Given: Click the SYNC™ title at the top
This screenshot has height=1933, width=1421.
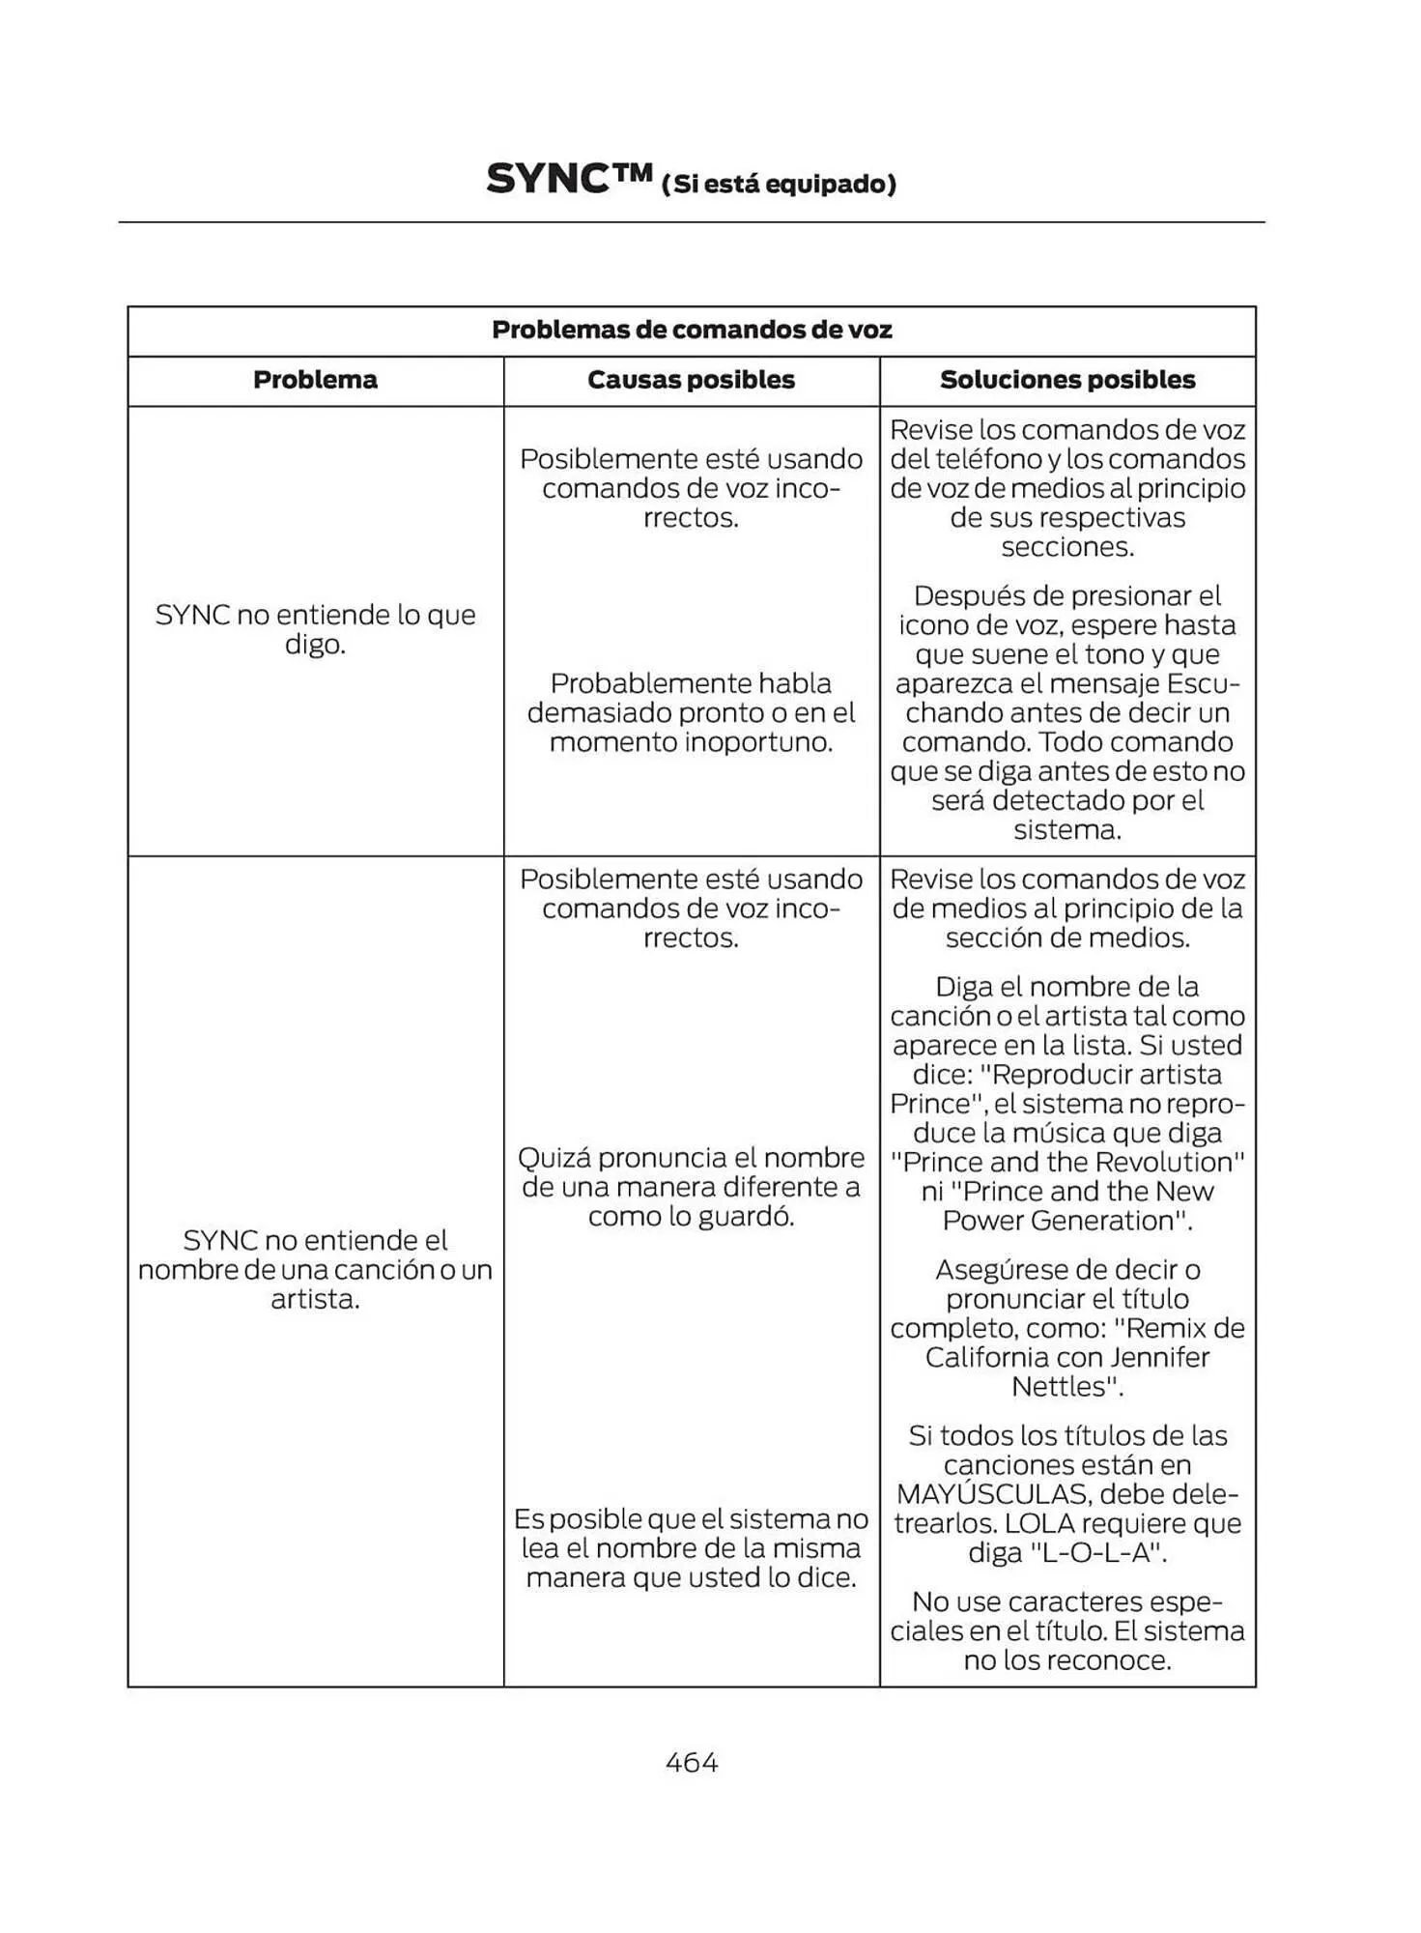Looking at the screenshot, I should (x=570, y=180).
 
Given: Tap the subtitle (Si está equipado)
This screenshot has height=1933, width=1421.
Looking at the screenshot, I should (x=779, y=184).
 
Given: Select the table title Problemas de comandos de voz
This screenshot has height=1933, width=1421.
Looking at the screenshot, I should (x=692, y=330).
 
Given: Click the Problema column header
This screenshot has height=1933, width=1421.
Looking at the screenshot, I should (x=315, y=380).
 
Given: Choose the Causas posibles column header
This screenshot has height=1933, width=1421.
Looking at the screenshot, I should (x=691, y=380).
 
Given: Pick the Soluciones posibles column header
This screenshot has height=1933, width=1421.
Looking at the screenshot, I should (x=1067, y=380).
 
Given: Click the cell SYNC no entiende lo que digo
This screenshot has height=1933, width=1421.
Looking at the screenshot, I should (x=315, y=629).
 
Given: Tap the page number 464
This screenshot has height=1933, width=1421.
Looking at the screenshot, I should (x=692, y=1762).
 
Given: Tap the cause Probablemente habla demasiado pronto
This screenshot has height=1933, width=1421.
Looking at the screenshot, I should (x=691, y=712).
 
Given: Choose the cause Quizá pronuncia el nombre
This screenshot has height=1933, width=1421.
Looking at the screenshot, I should (x=691, y=1187).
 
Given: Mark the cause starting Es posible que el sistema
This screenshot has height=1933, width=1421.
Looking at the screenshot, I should (x=691, y=1548).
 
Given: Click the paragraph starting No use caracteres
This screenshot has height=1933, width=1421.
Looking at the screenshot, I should (x=1067, y=1631).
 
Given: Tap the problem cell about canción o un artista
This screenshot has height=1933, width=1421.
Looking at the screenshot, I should (x=315, y=1269).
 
